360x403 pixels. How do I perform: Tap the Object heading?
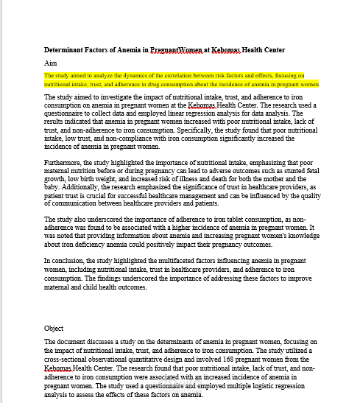54,328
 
